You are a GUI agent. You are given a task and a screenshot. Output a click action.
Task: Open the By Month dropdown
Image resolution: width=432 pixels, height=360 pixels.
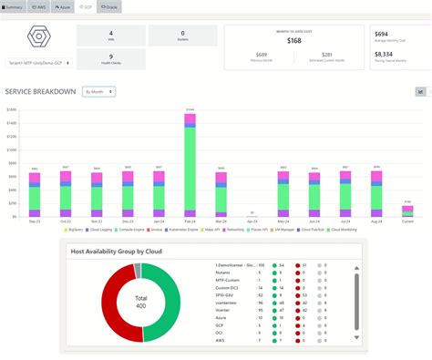[x=98, y=91]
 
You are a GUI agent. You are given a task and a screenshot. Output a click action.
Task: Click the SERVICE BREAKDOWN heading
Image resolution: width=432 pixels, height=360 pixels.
[x=41, y=92]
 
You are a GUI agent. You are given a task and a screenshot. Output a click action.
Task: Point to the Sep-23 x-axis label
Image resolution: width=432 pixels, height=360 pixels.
[x=35, y=221]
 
